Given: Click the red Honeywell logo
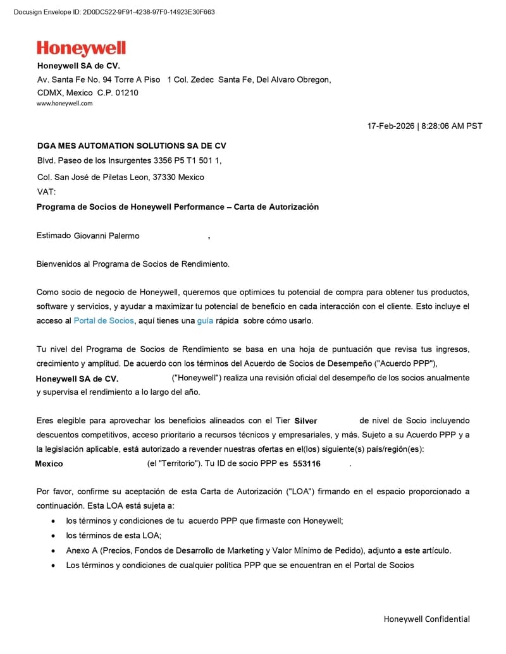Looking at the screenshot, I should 81,49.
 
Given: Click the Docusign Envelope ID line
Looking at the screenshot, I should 114,11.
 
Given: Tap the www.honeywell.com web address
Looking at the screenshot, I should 65,104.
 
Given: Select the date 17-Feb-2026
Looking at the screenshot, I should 391,126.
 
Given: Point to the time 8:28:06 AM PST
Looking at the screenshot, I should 452,126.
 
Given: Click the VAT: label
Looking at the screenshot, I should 46,191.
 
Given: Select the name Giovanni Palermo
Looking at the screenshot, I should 106,236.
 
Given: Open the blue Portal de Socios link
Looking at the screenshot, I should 104,320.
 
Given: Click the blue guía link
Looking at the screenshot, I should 205,320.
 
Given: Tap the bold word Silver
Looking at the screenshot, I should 305,421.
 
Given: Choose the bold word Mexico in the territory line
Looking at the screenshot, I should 49,464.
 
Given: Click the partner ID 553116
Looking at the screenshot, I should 307,464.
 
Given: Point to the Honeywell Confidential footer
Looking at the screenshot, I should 426,619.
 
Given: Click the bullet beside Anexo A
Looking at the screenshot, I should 52,551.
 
